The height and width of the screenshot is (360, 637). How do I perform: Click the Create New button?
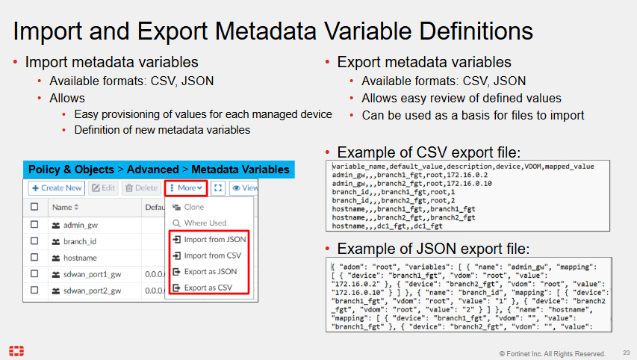pyautogui.click(x=56, y=187)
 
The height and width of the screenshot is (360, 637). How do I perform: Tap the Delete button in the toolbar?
pyautogui.click(x=141, y=187)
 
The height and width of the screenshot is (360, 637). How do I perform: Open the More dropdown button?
pyautogui.click(x=186, y=187)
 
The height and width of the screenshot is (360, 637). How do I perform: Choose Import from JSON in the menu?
pyautogui.click(x=209, y=239)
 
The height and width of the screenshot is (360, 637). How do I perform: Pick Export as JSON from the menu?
pyautogui.click(x=205, y=271)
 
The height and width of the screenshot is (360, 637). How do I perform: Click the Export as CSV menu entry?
pyautogui.click(x=202, y=288)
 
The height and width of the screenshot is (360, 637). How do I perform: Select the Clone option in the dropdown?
pyautogui.click(x=188, y=207)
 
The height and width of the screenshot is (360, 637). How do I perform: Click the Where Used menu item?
pyautogui.click(x=199, y=223)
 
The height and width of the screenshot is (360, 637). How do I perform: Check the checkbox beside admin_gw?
pyautogui.click(x=34, y=224)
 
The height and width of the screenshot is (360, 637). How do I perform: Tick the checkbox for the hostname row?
pyautogui.click(x=34, y=257)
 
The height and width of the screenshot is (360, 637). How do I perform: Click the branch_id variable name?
pyautogui.click(x=80, y=241)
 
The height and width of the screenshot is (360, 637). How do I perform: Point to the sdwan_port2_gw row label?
pyautogui.click(x=92, y=291)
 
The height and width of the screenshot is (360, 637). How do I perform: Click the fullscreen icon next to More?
pyautogui.click(x=218, y=187)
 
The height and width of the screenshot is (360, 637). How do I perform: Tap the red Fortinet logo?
pyautogui.click(x=16, y=350)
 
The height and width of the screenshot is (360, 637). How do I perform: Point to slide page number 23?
pyautogui.click(x=627, y=353)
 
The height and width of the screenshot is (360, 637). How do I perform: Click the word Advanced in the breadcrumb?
pyautogui.click(x=153, y=170)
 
